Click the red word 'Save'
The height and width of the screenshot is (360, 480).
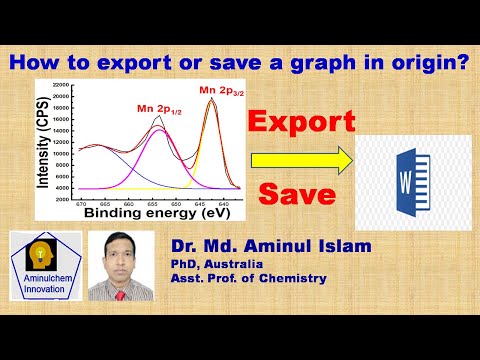[297, 194]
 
